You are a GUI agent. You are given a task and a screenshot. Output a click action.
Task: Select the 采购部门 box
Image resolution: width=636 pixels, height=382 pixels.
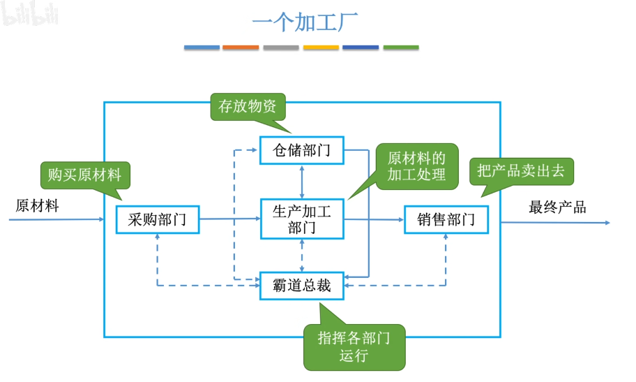158,220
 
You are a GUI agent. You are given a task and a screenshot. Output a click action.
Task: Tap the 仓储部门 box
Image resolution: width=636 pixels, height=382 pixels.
302,150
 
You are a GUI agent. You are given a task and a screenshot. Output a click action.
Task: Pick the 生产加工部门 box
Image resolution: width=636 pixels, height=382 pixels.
301,219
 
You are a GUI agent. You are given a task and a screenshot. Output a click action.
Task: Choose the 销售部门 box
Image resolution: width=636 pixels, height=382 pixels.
446,220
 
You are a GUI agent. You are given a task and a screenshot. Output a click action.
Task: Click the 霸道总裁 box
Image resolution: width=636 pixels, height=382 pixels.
302,285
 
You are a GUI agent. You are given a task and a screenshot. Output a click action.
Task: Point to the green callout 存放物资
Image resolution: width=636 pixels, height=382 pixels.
248,107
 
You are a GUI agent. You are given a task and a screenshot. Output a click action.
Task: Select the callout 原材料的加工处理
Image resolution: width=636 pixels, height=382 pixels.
416,165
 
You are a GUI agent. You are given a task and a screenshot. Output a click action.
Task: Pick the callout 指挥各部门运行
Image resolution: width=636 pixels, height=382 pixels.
354,347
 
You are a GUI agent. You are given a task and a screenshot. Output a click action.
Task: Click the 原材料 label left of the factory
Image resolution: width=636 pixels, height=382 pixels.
37,206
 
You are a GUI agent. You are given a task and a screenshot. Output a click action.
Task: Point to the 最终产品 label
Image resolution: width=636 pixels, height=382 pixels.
557,207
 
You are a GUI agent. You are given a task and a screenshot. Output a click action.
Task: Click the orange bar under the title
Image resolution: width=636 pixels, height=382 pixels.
241,47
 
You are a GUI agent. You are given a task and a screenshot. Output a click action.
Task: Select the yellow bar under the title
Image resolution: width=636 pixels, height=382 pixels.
321,47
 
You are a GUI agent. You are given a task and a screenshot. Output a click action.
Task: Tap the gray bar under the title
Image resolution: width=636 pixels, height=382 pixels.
281,47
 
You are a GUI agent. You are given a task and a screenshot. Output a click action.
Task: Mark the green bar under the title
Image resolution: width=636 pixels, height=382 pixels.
401,47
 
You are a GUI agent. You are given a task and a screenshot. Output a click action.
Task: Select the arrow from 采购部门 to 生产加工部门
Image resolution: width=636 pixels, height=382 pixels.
229,219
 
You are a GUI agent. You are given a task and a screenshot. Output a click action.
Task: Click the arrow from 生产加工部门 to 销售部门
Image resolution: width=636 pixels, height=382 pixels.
374,220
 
